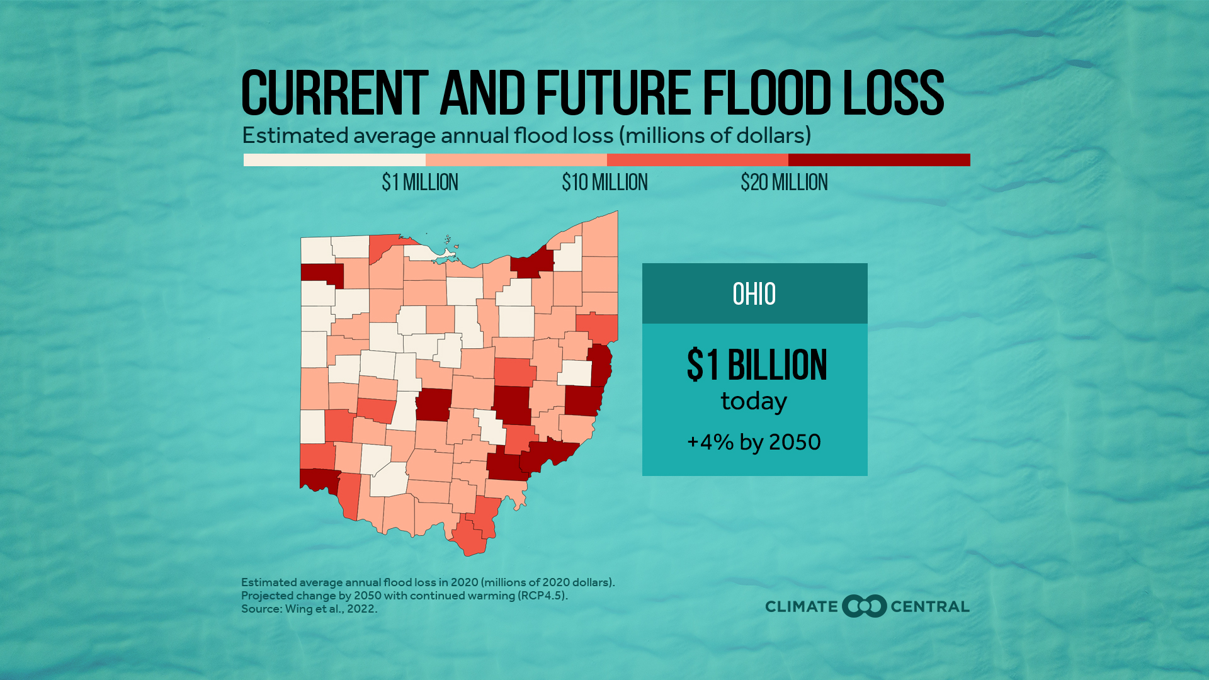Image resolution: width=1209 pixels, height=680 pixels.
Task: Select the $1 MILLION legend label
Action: pos(420,183)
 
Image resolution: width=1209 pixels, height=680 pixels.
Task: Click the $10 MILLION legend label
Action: pos(604,183)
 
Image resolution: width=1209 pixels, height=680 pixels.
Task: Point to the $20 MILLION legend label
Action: pos(784,183)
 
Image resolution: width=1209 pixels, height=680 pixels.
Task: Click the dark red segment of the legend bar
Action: pos(879,160)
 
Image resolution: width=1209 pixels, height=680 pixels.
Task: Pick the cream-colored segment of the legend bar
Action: pos(334,160)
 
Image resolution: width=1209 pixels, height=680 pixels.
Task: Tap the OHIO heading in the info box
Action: pos(754,294)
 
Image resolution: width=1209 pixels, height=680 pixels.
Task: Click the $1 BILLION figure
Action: pos(757,365)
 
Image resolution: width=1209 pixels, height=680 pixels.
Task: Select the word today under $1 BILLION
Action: pos(754,401)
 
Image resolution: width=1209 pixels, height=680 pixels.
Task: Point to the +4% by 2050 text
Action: pos(754,442)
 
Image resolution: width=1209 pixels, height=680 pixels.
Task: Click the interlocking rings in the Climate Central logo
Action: pos(864,606)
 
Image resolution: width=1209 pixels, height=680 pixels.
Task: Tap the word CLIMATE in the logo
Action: pos(802,606)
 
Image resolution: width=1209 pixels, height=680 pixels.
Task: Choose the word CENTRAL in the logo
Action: pos(930,606)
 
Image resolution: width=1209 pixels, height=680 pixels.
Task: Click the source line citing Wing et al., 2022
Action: pos(309,609)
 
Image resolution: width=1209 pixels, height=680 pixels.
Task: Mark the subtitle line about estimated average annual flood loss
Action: pos(526,135)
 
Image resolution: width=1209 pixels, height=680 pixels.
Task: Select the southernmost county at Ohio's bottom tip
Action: pos(469,538)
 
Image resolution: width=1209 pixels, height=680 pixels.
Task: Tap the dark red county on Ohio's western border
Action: pos(322,275)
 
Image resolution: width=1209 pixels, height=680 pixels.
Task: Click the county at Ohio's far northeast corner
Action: pos(600,234)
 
